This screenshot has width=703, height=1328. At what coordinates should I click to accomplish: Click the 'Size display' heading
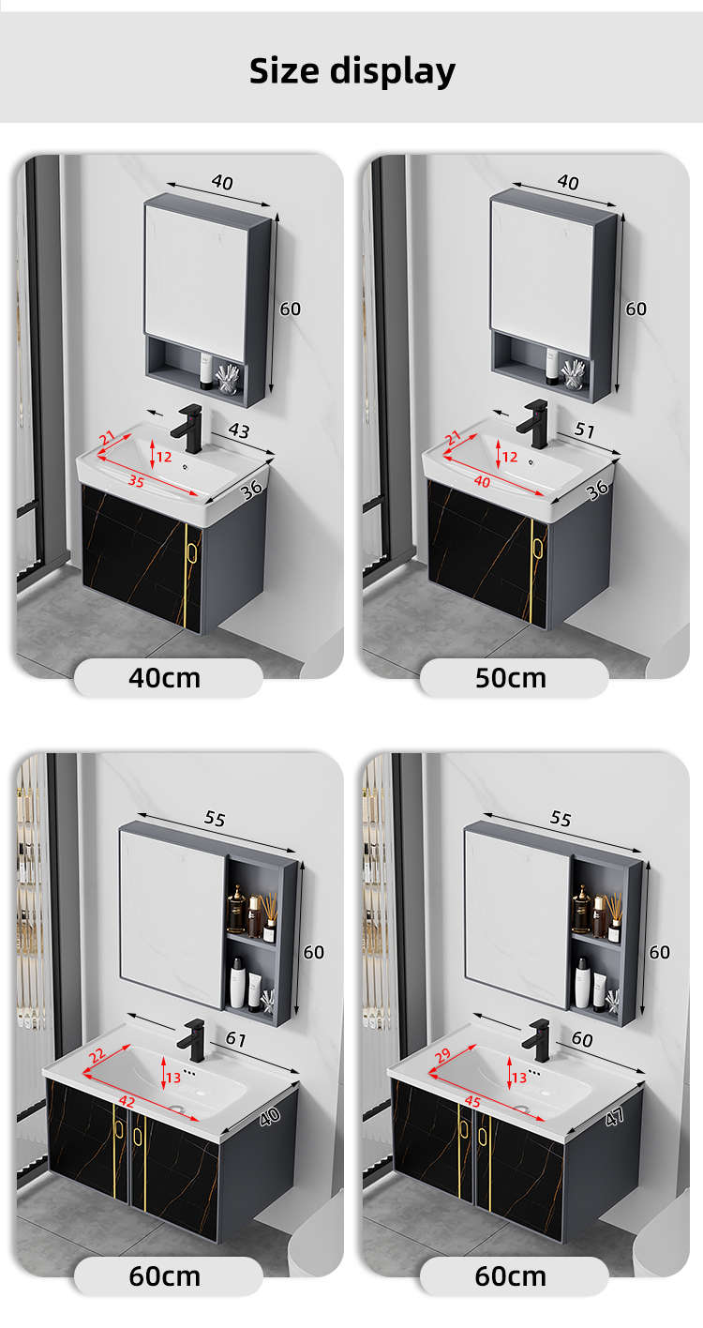[x=352, y=71]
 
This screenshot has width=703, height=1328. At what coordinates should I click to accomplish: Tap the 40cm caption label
[x=165, y=678]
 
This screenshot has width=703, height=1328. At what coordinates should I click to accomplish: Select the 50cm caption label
[x=511, y=678]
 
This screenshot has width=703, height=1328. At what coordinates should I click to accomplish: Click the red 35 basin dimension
[x=136, y=481]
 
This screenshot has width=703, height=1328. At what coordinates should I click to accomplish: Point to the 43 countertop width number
[x=239, y=430]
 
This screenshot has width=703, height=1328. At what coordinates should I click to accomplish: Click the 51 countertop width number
[x=585, y=430]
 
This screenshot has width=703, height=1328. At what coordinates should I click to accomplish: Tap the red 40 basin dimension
[x=483, y=481]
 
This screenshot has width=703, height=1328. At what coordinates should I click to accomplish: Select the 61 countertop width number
[x=236, y=1039]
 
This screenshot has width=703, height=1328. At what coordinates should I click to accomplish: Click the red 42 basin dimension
[x=127, y=1102]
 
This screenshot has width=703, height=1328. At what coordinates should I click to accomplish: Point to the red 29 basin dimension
[x=442, y=1055]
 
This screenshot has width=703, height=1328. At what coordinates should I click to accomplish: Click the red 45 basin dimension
[x=472, y=1102]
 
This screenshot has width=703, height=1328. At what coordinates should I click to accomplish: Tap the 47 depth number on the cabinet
[x=615, y=1118]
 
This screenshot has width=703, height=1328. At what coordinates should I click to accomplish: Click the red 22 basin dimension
[x=97, y=1055]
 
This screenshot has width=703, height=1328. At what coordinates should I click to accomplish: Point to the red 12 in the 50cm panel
[x=510, y=457]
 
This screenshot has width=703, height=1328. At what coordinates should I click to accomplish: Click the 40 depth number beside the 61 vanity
[x=270, y=1117]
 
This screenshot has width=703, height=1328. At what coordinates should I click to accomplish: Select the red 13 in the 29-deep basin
[x=519, y=1078]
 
